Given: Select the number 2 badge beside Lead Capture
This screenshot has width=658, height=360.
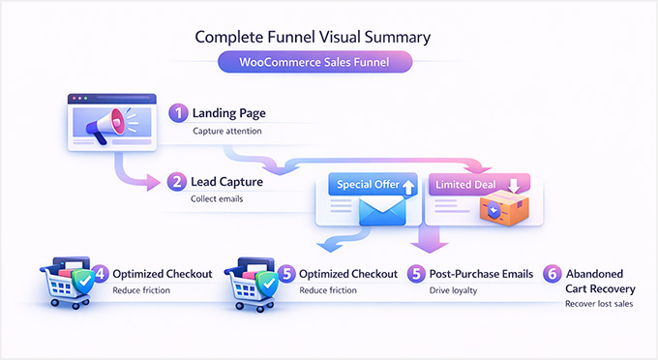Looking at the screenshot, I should click(x=177, y=181).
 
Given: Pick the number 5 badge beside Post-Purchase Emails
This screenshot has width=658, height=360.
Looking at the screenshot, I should click(x=417, y=273).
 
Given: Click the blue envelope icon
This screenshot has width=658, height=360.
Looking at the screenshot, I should click(x=380, y=210).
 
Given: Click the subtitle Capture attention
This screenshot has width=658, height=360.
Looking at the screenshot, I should click(x=227, y=131).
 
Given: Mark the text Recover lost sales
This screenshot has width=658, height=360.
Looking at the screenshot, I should click(x=600, y=304).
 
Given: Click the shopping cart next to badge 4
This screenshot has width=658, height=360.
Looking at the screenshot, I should click(x=64, y=283).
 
